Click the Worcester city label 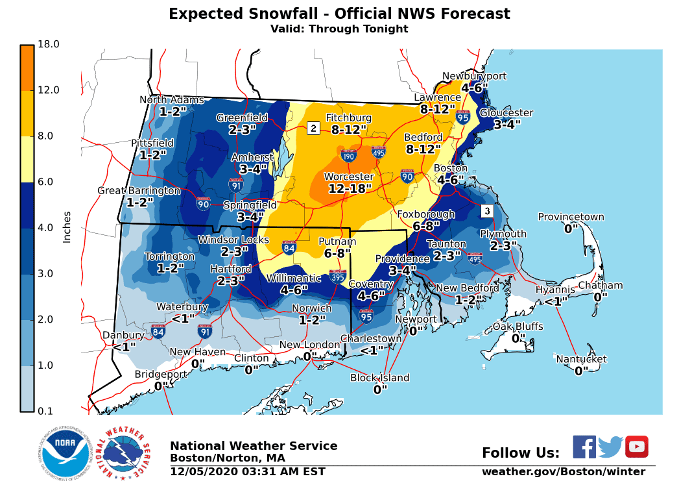(x=349, y=177)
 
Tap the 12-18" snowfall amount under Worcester (x=350, y=188)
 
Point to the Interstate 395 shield (x=337, y=276)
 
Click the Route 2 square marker (x=313, y=128)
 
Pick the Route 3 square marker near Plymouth (x=487, y=211)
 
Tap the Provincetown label (x=571, y=217)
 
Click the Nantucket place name (x=581, y=359)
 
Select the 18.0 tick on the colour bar (x=49, y=44)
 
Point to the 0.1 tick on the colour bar (x=49, y=411)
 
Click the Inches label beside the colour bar (x=67, y=227)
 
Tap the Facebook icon (x=584, y=447)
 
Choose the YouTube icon (x=636, y=447)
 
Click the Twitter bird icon (x=610, y=447)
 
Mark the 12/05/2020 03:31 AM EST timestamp (x=248, y=472)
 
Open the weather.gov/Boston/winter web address (x=563, y=472)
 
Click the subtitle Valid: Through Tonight (x=339, y=29)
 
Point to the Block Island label (x=380, y=378)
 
